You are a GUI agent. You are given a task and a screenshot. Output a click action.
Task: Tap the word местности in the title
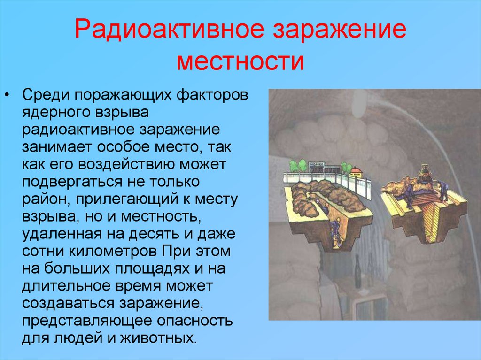[x=240, y=61]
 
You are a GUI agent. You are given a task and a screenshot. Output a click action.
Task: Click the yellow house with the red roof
[x=357, y=172]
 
